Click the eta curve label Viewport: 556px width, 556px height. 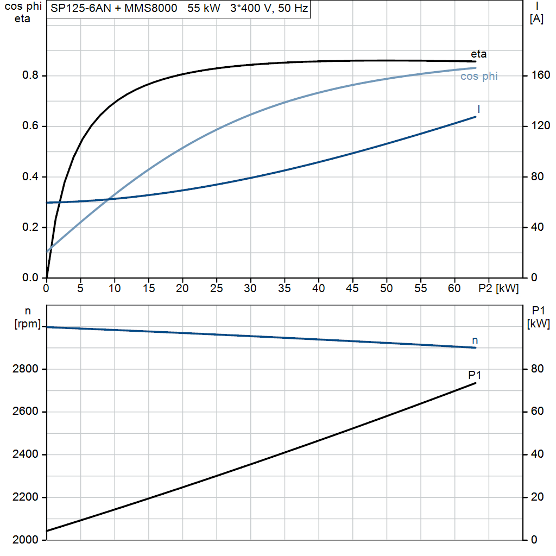click(478, 54)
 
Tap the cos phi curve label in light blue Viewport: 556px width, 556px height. click(479, 76)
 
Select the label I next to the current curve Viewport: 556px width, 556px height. click(479, 109)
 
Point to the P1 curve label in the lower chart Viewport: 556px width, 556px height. click(475, 375)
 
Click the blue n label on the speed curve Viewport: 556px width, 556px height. click(475, 340)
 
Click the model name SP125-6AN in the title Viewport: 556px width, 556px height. click(81, 8)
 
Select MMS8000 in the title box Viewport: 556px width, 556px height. click(151, 8)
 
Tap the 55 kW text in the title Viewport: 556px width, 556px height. click(204, 8)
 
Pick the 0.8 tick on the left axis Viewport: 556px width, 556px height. click(30, 75)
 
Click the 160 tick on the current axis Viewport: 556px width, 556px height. click(540, 75)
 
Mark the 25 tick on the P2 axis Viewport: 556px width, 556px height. click(216, 288)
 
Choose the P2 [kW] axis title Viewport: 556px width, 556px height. click(498, 289)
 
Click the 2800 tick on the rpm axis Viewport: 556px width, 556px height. click(25, 369)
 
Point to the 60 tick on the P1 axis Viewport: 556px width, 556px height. click(537, 412)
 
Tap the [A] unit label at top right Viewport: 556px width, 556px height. click(536, 19)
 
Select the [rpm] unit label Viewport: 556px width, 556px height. click(28, 324)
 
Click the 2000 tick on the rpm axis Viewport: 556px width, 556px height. click(25, 540)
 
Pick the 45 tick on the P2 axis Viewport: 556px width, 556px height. click(352, 288)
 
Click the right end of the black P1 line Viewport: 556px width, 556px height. click(476, 383)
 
